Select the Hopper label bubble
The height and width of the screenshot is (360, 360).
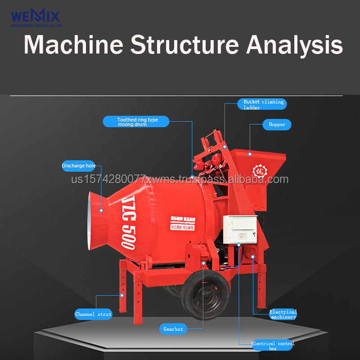click(277, 124)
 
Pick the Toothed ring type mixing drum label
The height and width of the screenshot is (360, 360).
click(137, 121)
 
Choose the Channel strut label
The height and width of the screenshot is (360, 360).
click(93, 314)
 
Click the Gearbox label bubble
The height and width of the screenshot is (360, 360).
click(173, 329)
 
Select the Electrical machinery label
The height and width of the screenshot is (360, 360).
click(283, 314)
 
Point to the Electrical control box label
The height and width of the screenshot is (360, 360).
click(273, 346)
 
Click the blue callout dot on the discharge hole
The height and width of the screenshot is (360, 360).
click(101, 210)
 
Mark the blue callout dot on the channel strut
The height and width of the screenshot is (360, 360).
click(121, 295)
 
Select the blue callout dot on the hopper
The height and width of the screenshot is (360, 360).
click(250, 154)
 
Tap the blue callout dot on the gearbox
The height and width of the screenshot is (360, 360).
click(203, 262)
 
